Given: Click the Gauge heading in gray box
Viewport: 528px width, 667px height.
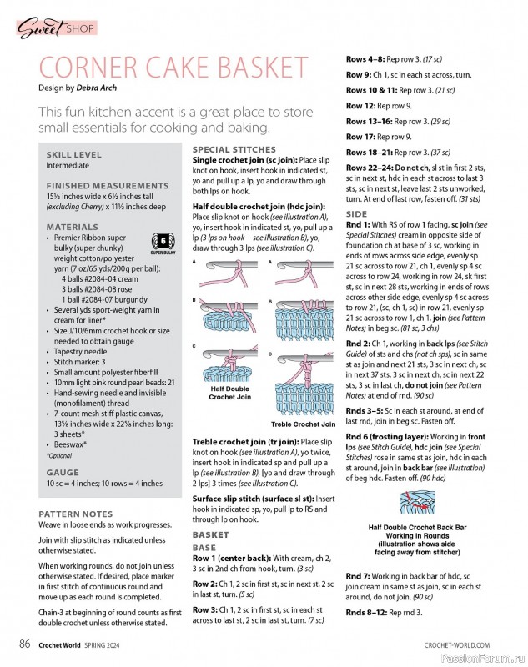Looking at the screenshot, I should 63,471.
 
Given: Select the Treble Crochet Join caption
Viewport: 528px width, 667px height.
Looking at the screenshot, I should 304,424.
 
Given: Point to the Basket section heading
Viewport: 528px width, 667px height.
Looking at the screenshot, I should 210,534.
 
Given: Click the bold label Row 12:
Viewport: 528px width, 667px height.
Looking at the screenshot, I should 363,106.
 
